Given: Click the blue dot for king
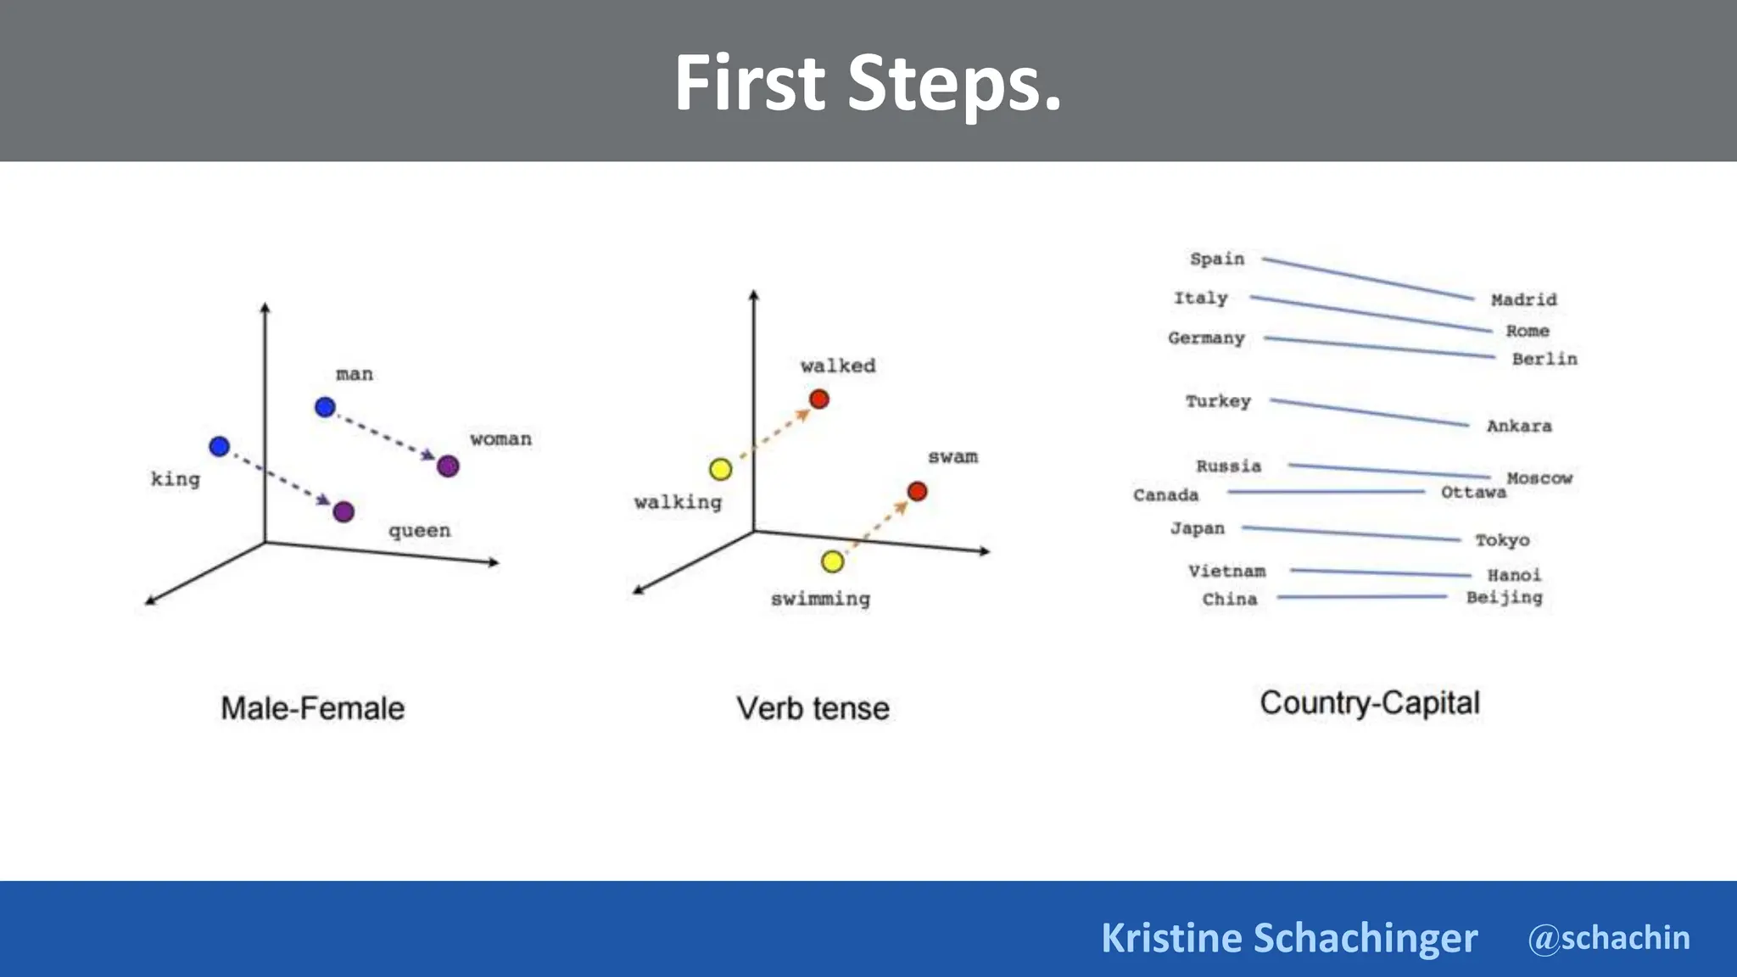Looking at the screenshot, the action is [219, 446].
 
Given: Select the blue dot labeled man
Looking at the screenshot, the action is [325, 407].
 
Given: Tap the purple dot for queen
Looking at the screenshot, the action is [343, 511].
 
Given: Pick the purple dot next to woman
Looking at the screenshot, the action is [448, 466].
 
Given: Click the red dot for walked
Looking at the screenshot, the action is [818, 399].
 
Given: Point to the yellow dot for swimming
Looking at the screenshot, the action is [832, 561].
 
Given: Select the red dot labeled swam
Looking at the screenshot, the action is [917, 491].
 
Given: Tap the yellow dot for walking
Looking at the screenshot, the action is [720, 469].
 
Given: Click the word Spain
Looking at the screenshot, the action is [1217, 259].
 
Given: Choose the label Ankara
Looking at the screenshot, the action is [1519, 426].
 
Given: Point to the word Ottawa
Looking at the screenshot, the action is [1473, 492].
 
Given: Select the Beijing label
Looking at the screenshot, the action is [1505, 597].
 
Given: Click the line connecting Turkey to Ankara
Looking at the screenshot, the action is [1369, 412].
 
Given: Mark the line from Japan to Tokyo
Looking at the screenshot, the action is [1350, 533].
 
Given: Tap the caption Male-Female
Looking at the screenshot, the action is [313, 708].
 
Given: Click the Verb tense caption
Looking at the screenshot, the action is [813, 708].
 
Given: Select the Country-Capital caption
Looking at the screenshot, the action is [1370, 703].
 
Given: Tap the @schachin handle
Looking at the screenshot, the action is [1609, 938].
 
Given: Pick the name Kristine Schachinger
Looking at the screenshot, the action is [1289, 938].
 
